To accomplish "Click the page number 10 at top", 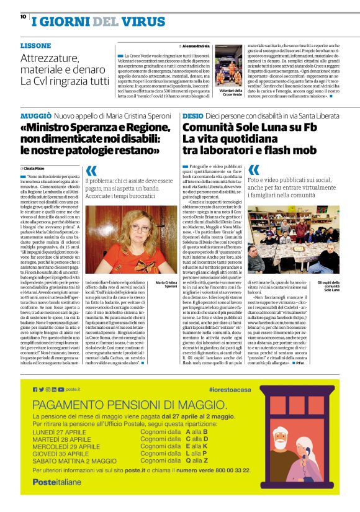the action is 23,17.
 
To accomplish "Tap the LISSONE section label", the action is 35,46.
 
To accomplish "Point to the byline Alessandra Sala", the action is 197,46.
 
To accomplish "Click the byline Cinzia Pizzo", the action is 35,168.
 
